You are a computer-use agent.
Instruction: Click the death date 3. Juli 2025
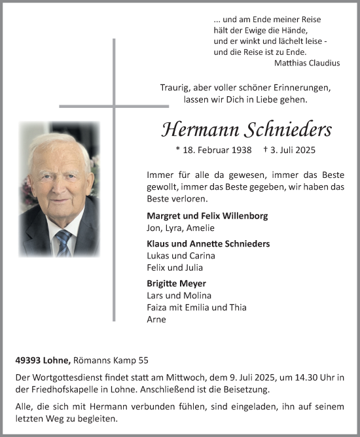292,150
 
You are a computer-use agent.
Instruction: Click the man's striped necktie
63,241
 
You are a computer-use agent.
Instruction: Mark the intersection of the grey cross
114,105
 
